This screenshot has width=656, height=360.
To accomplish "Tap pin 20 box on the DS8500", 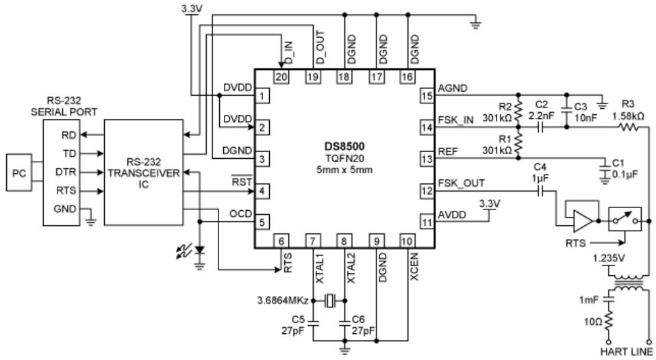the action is (281, 76).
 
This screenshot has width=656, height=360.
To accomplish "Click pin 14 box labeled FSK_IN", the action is (427, 127).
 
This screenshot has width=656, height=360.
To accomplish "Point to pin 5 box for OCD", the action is (262, 222).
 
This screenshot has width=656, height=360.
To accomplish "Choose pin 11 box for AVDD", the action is (427, 222).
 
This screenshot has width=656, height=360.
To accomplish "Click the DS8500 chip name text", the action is (344, 146).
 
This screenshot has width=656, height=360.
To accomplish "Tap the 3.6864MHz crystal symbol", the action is (331, 300).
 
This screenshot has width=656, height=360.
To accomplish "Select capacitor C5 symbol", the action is (313, 322).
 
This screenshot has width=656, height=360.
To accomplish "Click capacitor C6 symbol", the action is (344, 322).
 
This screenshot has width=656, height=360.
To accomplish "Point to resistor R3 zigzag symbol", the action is (629, 127).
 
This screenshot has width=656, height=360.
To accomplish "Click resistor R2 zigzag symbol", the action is (518, 111).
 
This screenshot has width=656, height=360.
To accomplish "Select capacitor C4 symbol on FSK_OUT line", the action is (540, 192).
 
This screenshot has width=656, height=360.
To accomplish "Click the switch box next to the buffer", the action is (625, 219).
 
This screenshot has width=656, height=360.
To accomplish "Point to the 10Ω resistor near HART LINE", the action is (609, 322).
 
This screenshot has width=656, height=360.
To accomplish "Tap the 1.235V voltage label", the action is (609, 259).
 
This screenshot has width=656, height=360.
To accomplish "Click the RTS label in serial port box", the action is (66, 191).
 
